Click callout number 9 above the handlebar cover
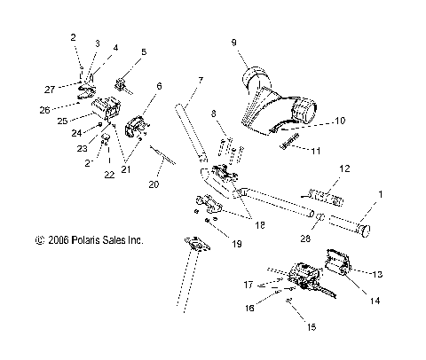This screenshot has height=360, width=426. [233, 41]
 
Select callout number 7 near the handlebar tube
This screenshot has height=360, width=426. [200, 82]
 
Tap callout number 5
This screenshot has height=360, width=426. [144, 52]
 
